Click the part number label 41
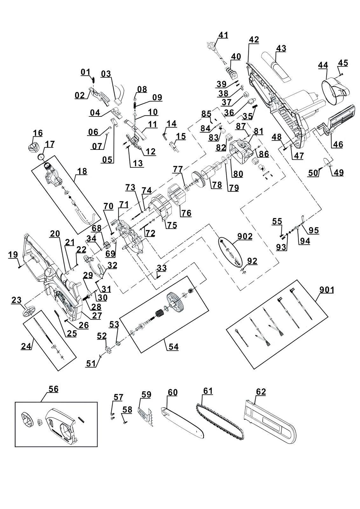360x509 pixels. click(x=223, y=35)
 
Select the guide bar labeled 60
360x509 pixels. click(x=183, y=422)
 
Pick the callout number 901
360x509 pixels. click(x=327, y=290)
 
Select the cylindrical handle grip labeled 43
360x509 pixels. click(x=275, y=67)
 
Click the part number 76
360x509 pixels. click(x=186, y=213)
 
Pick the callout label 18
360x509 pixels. click(x=82, y=171)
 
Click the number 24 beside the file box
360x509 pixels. click(x=27, y=347)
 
